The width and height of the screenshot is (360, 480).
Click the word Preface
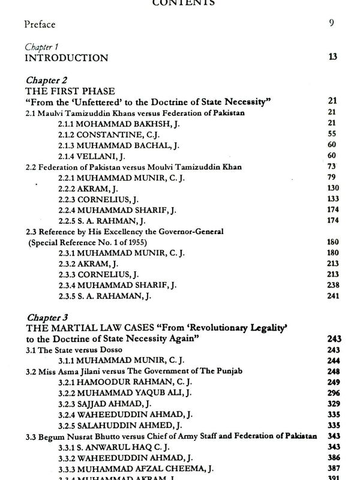(x=40, y=25)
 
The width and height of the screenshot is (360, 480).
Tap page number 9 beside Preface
(x=331, y=24)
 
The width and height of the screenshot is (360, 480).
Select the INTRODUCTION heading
(x=66, y=58)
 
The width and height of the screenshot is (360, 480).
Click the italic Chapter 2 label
(x=44, y=79)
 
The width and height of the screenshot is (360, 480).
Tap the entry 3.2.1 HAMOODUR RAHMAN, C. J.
(x=125, y=382)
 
